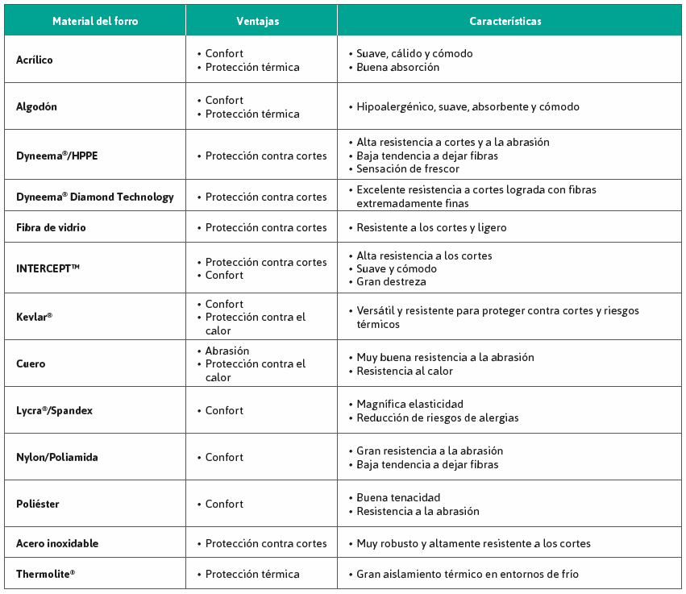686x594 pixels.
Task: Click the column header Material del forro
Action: (x=95, y=21)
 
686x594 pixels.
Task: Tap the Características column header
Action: (x=505, y=21)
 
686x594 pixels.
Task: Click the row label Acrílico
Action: (x=35, y=60)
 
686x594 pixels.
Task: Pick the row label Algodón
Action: (x=36, y=106)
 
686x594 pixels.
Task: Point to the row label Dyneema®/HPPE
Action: (x=56, y=156)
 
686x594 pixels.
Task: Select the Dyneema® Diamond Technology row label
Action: (x=94, y=197)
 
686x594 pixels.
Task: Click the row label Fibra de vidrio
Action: (x=51, y=227)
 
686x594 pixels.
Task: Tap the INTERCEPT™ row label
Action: (x=48, y=268)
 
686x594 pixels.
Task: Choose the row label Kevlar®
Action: (x=34, y=317)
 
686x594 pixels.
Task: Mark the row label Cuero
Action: (x=31, y=363)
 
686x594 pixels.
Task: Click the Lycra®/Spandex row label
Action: (x=54, y=410)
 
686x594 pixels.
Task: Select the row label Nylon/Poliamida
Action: (x=56, y=457)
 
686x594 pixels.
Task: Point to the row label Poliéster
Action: (x=37, y=504)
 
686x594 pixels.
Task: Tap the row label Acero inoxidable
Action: (x=57, y=543)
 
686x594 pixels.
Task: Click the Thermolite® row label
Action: (x=45, y=574)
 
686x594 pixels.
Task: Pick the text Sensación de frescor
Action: (x=408, y=169)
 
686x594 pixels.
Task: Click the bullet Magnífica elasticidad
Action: (x=410, y=404)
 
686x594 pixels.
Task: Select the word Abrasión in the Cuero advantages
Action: (x=227, y=351)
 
